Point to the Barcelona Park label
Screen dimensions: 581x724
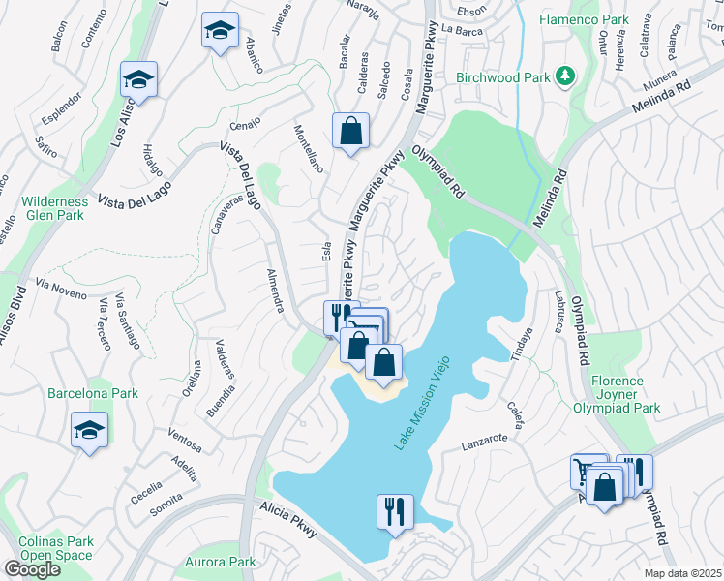coord(93,394)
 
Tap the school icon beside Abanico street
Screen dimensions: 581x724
coord(220,31)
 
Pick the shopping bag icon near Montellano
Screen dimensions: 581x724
coord(350,131)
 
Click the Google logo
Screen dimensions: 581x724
coord(32,569)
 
